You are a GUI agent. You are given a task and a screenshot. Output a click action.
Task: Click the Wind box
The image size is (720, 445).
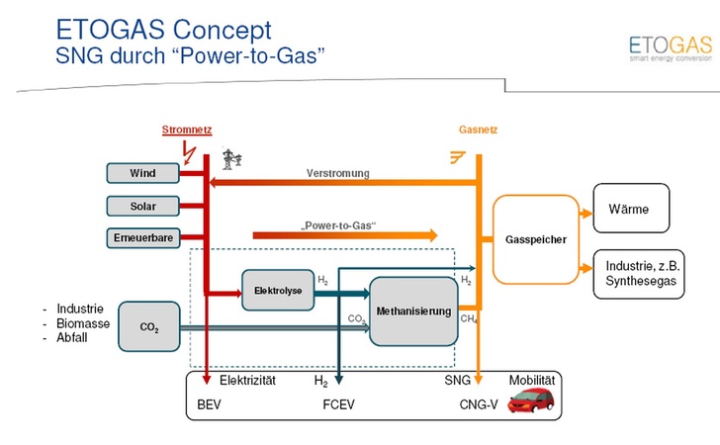[143, 174]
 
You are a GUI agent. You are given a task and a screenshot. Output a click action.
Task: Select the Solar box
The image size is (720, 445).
[143, 206]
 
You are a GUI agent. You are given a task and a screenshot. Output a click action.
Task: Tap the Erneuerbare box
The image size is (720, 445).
[143, 237]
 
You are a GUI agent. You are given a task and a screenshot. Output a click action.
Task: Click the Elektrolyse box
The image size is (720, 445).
[270, 290]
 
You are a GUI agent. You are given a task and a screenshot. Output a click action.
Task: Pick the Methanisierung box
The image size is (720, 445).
[412, 311]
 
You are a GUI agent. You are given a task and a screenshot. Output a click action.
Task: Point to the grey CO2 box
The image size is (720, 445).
[148, 326]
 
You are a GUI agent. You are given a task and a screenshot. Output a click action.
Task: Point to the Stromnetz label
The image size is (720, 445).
[187, 131]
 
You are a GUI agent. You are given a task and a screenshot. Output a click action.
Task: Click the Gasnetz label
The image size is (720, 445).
[479, 131]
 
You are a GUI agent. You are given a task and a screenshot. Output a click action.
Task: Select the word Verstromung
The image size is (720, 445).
[337, 173]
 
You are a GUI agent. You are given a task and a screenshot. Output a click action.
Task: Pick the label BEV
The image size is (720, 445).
[211, 404]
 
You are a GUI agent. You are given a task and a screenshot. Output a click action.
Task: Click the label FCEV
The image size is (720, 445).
[338, 404]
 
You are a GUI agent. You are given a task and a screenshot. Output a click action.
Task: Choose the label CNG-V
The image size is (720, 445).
[478, 404]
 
